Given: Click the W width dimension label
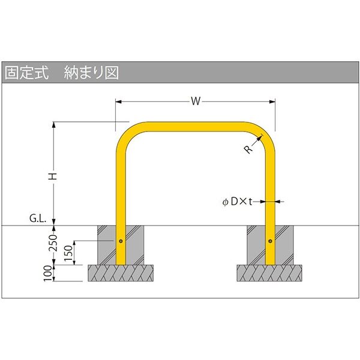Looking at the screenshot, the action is point(196,101).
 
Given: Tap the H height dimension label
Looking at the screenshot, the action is point(53,176).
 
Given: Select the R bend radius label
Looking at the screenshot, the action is point(248,149).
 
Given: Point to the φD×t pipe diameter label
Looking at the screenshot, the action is point(237,202).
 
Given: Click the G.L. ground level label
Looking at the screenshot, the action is point(38,218).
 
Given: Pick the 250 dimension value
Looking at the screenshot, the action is point(53,243).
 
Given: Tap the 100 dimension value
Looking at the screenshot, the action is point(48,273).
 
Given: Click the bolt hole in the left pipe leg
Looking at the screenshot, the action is point(121,241).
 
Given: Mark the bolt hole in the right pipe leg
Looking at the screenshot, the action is point(270,241).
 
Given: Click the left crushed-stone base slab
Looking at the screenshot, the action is point(121,273).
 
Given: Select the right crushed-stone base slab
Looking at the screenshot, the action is point(269,273).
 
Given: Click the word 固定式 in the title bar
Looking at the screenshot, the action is point(27,73).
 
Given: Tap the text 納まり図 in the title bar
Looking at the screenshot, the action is point(91,73).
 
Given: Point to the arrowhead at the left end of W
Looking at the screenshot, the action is point(118,101).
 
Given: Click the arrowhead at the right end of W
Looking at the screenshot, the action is point(272,101).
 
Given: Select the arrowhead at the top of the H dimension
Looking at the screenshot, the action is point(54,125).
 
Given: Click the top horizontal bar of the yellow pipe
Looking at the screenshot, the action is point(195,127).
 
